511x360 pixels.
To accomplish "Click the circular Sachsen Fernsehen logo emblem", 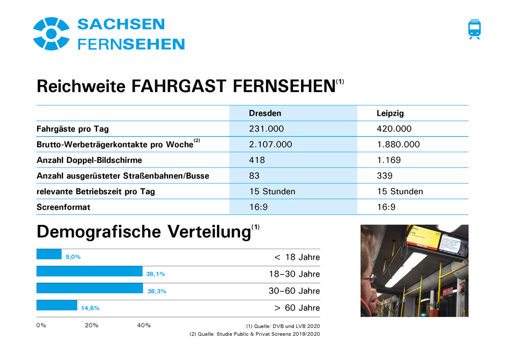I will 51,33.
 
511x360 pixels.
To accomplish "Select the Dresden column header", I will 265,114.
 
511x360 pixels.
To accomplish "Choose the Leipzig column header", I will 390,114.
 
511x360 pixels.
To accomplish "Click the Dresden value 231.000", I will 266,129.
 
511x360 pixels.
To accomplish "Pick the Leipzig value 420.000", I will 394,129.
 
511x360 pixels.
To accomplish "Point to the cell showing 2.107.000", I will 270,145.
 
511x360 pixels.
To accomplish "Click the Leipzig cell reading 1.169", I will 388,160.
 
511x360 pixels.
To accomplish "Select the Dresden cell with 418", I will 257,160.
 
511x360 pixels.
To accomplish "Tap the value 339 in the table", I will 384,176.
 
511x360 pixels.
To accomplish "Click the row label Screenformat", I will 64,207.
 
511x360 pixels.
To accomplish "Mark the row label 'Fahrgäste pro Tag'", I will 73,129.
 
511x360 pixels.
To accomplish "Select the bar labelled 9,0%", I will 49,254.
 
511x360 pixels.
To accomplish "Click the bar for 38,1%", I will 89,271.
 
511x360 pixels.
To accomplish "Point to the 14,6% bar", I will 57,305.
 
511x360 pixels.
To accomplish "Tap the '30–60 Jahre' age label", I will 294,291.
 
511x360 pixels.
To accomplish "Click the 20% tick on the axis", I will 92,326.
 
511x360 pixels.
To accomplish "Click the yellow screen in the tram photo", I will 424,241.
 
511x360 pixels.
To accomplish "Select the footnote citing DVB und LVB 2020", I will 283,326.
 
